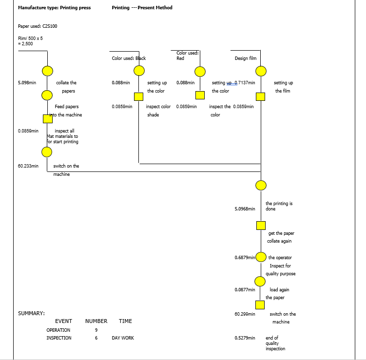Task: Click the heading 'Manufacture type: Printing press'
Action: [54, 8]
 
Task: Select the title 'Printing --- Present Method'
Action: [142, 8]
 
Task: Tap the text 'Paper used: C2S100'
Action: [38, 26]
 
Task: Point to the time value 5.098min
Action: [27, 83]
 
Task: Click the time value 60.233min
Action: [28, 166]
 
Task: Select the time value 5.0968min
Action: [245, 208]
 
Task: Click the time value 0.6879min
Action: [245, 257]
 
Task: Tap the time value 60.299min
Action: [245, 314]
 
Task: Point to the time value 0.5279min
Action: [245, 338]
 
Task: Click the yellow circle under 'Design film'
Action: [261, 72]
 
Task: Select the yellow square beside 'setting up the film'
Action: [261, 96]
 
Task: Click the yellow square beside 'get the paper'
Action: [261, 225]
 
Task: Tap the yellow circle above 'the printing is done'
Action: [261, 186]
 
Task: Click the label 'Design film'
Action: [245, 58]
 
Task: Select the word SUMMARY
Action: [32, 313]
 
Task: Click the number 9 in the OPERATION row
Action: [96, 330]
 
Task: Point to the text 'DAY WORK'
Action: [123, 338]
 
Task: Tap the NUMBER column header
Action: [96, 321]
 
